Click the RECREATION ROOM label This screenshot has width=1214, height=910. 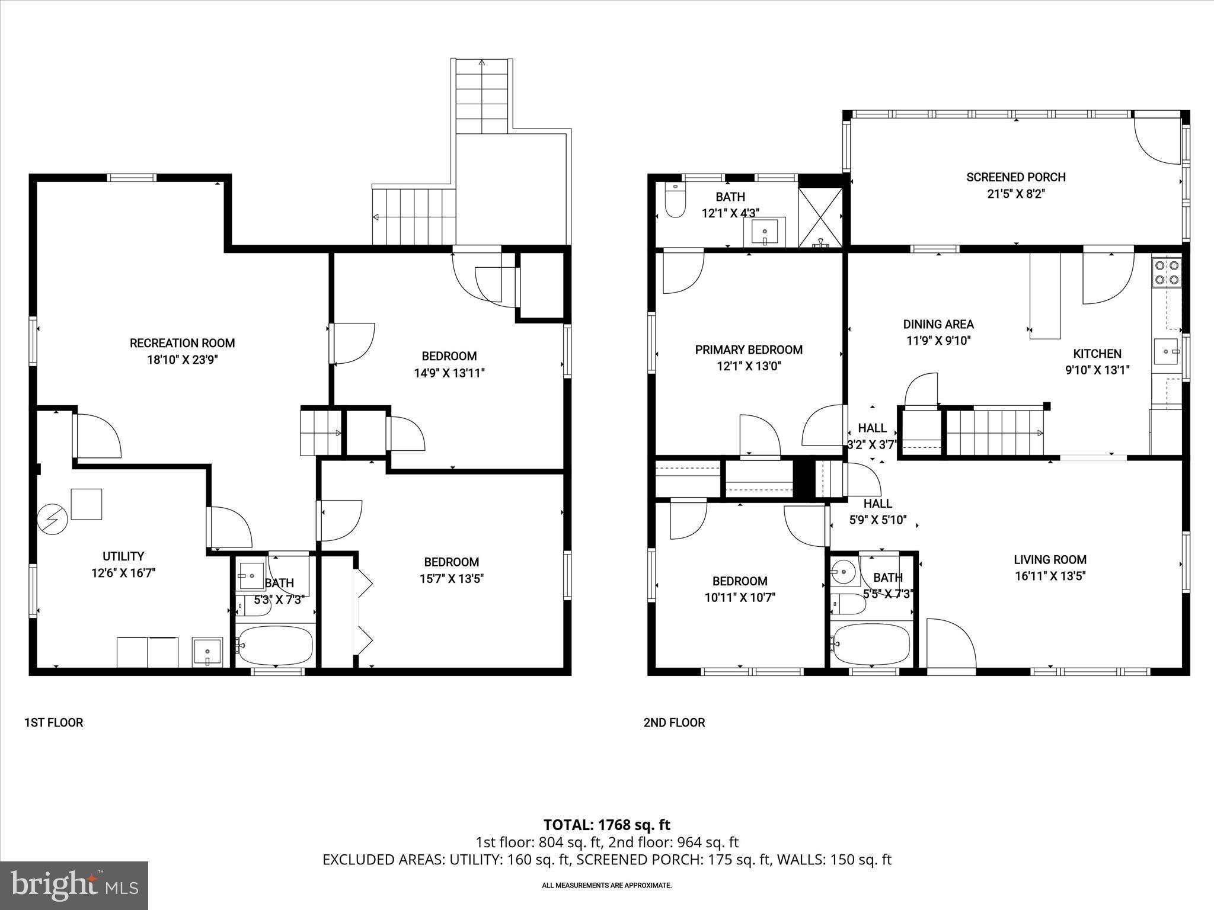pyautogui.click(x=182, y=343)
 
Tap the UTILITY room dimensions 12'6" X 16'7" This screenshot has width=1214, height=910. pyautogui.click(x=123, y=573)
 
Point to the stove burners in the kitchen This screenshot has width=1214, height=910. pyautogui.click(x=1167, y=273)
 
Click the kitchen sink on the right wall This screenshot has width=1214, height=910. pyautogui.click(x=1167, y=351)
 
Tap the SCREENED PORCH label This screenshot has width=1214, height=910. pyautogui.click(x=1015, y=177)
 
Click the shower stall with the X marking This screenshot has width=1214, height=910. pyautogui.click(x=820, y=217)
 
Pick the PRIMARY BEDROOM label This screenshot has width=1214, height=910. pyautogui.click(x=749, y=350)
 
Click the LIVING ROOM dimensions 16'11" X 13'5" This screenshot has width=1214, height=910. pyautogui.click(x=1049, y=576)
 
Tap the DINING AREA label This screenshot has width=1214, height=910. pyautogui.click(x=938, y=324)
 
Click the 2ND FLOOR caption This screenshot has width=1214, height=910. pyautogui.click(x=674, y=722)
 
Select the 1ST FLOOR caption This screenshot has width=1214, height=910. pyautogui.click(x=53, y=722)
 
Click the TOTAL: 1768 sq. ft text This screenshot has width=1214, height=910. pyautogui.click(x=606, y=825)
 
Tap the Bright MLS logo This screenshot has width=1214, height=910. pyautogui.click(x=74, y=885)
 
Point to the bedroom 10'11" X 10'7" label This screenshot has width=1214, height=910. pyautogui.click(x=740, y=581)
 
